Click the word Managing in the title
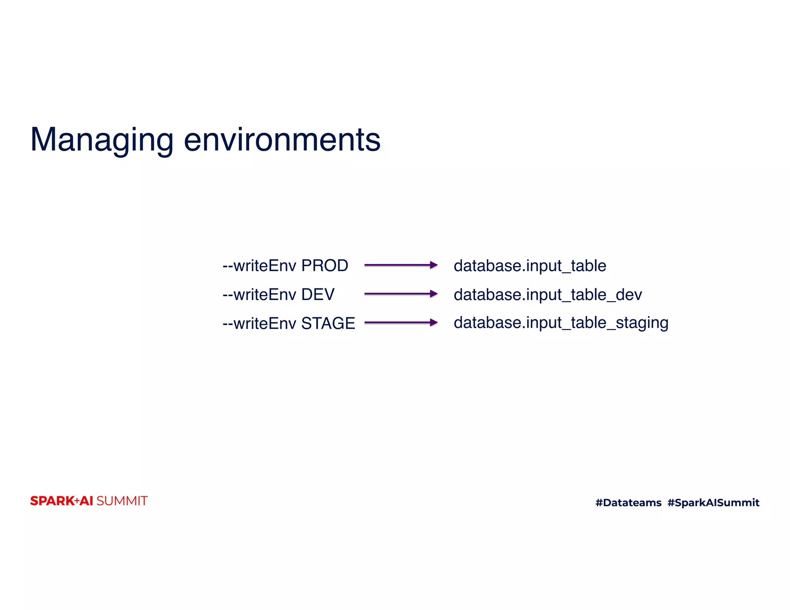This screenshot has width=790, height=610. [102, 140]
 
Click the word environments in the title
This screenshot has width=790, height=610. [282, 140]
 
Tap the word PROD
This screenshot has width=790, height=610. [324, 266]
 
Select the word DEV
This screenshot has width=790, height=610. [317, 295]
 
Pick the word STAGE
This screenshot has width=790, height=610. [328, 323]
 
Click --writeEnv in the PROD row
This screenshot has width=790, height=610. [259, 266]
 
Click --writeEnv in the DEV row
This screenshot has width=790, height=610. [259, 295]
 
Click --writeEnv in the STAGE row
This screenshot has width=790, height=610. [259, 323]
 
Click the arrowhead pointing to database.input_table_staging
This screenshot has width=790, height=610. [434, 322]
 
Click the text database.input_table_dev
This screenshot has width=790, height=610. [547, 295]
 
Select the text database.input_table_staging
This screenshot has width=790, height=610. [560, 323]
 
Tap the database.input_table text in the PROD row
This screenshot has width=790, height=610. [530, 266]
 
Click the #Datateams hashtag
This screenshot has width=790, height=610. [628, 502]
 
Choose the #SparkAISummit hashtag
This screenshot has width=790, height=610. [713, 502]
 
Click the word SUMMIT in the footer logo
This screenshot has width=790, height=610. [122, 501]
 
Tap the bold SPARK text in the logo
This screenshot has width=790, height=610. [52, 501]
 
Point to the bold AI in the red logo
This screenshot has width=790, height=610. [86, 501]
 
